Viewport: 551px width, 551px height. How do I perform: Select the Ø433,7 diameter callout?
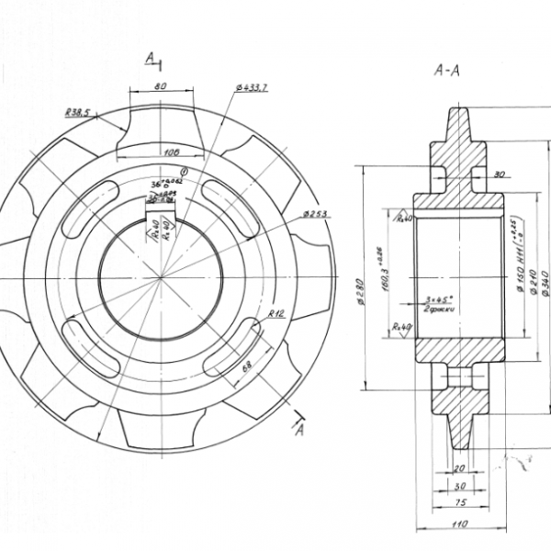pyautogui.click(x=251, y=87)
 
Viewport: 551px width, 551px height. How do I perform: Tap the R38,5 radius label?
pyautogui.click(x=77, y=112)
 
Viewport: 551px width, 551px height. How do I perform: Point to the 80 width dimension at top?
pyautogui.click(x=161, y=84)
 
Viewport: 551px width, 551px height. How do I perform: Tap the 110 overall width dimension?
pyautogui.click(x=460, y=524)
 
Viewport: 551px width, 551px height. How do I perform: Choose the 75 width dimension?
pyautogui.click(x=460, y=502)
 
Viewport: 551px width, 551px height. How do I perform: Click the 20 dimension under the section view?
pyautogui.click(x=460, y=468)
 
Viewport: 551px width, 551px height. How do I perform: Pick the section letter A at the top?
pyautogui.click(x=150, y=59)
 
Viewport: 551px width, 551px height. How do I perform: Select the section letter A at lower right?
pyautogui.click(x=300, y=433)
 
